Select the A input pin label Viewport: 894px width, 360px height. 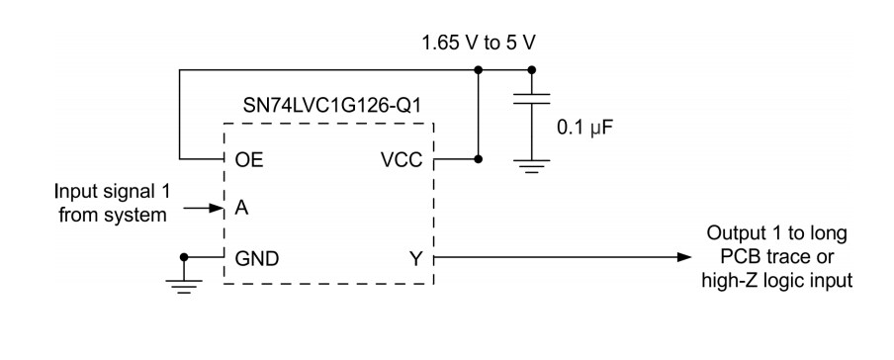point(240,209)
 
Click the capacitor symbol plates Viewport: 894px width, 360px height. point(533,103)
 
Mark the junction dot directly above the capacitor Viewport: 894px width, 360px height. point(533,70)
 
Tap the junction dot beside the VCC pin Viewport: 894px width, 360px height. point(479,158)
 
